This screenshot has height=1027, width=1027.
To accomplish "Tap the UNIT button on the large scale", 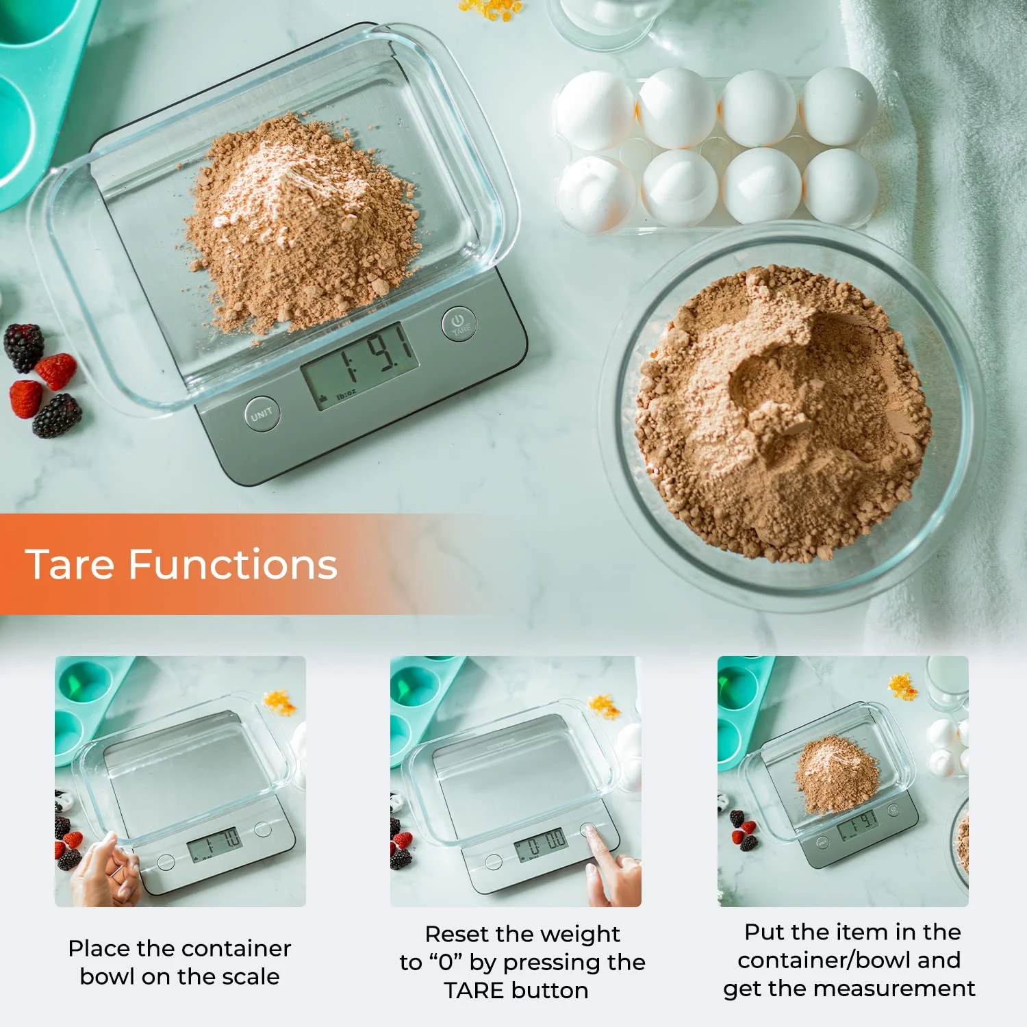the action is [x=262, y=414].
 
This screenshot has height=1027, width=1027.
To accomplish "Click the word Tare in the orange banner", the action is [x=70, y=565].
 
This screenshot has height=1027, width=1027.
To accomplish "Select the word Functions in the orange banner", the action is [x=233, y=565].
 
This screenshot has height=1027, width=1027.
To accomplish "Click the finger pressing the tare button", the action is [x=611, y=864].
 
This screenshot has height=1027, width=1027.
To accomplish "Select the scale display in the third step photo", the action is [x=858, y=824].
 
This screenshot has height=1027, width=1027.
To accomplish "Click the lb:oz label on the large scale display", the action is [x=346, y=394].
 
